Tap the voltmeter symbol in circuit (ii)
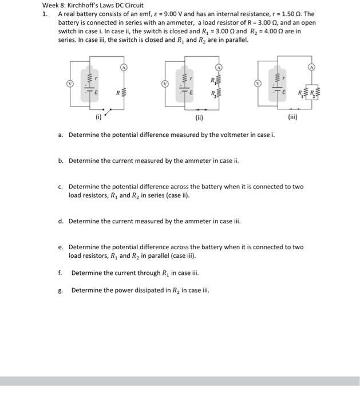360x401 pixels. [165, 84]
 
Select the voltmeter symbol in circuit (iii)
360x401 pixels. [258, 84]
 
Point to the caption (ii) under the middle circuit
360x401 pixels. [199, 120]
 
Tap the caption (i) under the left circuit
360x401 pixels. [98, 120]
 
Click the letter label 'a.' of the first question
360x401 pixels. [61, 135]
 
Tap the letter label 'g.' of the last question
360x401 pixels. [61, 290]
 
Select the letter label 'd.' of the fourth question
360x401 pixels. [61, 221]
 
